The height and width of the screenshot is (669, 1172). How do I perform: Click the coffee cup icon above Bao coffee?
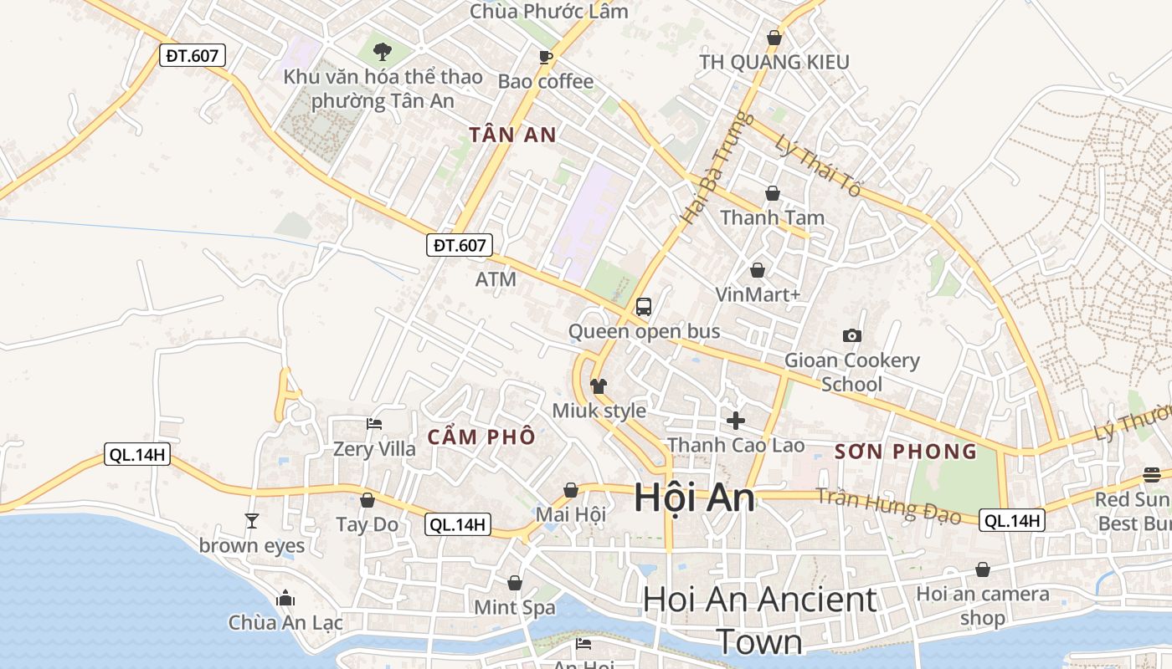click(x=546, y=57)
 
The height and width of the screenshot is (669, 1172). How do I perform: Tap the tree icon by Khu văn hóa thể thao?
click(x=383, y=52)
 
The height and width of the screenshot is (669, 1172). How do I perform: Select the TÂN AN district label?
click(x=512, y=135)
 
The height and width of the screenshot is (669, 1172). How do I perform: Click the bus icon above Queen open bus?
click(x=643, y=307)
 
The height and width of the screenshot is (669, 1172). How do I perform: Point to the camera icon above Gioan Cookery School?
click(x=852, y=336)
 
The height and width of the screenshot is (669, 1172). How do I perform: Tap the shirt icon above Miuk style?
click(x=599, y=386)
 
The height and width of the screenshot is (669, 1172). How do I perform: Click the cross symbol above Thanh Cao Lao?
click(x=736, y=421)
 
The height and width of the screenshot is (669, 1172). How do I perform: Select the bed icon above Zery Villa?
click(x=374, y=424)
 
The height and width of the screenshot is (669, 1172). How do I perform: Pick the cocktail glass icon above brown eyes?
click(x=252, y=521)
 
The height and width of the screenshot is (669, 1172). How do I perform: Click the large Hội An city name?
click(x=694, y=498)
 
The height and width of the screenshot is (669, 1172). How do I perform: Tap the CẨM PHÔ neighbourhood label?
click(x=481, y=437)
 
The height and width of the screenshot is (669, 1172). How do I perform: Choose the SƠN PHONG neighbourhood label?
click(x=906, y=452)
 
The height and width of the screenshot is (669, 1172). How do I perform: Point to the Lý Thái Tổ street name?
click(x=818, y=166)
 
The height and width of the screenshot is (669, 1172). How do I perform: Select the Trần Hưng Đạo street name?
click(x=888, y=504)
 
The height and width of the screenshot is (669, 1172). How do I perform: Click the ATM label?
click(x=496, y=279)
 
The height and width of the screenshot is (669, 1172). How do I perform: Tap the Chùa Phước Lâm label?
click(x=548, y=12)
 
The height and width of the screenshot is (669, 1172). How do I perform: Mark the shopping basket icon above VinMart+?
click(x=758, y=270)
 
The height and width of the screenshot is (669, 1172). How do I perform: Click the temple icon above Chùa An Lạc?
click(x=285, y=599)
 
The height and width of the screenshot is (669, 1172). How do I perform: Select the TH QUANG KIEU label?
click(x=774, y=62)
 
